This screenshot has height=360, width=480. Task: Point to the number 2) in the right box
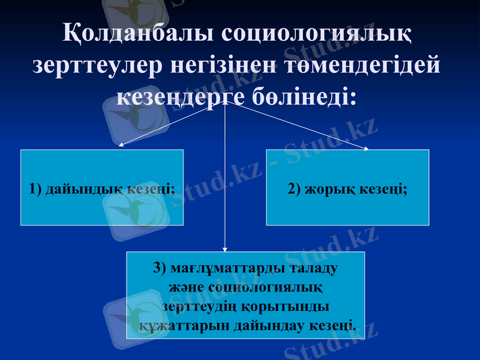pyautogui.click(x=294, y=189)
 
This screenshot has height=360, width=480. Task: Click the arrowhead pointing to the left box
pyautogui.click(x=121, y=144)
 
